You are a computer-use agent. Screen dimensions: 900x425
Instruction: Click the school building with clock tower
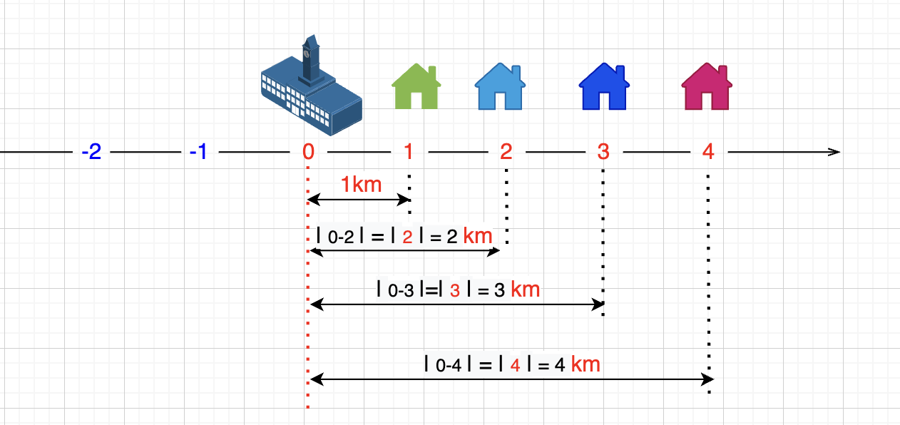point(311,90)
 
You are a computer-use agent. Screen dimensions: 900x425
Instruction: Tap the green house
point(416,86)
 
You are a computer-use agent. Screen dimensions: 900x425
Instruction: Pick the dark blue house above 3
point(603,86)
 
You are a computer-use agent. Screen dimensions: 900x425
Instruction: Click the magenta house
point(707,86)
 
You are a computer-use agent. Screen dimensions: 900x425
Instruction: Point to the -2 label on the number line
point(91,152)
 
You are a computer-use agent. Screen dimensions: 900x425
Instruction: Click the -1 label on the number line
point(198,152)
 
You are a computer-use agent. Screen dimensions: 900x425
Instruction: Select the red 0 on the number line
point(308,152)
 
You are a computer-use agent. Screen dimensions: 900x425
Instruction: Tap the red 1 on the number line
point(409,152)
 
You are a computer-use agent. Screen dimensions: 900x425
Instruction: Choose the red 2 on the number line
point(506,152)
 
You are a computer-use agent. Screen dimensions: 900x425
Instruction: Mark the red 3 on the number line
point(603,152)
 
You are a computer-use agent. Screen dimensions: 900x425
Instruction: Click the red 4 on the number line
point(707,152)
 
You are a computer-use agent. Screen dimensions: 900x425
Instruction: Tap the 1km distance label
point(361,185)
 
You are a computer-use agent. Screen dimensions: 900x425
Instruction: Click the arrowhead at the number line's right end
point(834,152)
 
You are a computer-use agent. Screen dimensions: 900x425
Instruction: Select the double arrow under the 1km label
point(358,201)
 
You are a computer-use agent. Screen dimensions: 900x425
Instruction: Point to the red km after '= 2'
point(478,236)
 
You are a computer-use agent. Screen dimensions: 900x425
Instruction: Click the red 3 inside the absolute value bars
point(455,291)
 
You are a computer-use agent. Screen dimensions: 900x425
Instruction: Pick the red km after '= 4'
point(585,364)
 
